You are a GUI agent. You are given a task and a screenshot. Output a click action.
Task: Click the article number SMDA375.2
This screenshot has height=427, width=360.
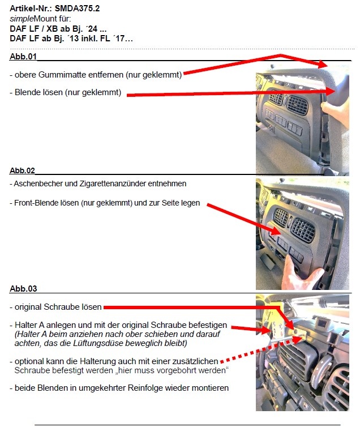click(78, 8)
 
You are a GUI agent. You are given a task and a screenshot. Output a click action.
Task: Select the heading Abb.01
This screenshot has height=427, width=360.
click(23, 57)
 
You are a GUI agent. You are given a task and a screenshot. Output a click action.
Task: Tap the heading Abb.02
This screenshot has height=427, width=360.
click(22, 170)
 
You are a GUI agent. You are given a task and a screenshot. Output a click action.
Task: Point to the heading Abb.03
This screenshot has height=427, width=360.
click(23, 289)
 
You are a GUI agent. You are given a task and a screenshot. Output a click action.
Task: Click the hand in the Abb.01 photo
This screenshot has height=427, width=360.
click(336, 112)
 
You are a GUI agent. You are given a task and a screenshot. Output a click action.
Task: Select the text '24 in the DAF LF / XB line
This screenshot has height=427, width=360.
click(92, 28)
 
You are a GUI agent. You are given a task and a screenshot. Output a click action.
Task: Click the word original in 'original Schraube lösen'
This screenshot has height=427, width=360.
click(28, 307)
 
